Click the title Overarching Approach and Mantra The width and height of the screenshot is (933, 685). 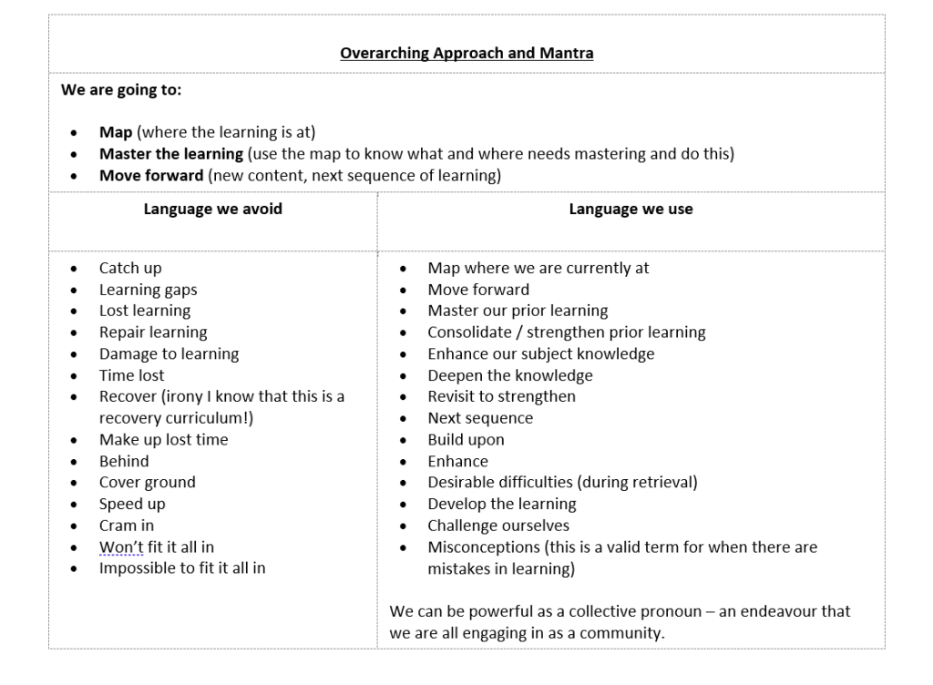point(466,53)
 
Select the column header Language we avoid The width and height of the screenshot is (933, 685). point(212,209)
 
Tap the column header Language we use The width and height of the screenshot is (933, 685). point(631,209)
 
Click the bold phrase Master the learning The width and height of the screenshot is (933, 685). point(171,154)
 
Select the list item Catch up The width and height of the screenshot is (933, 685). point(130,268)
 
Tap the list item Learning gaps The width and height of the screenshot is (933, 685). point(148,290)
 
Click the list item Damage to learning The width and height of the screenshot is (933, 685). point(169,353)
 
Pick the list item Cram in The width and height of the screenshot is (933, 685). point(127,525)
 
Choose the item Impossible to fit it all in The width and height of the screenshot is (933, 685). point(182,567)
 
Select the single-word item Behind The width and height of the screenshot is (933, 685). point(124,461)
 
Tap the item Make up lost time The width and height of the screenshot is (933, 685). point(164,439)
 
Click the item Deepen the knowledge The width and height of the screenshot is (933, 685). point(510,375)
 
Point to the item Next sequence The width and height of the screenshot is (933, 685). point(480,418)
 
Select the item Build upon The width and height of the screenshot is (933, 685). point(466,439)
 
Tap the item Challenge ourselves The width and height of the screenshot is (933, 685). point(498,525)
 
